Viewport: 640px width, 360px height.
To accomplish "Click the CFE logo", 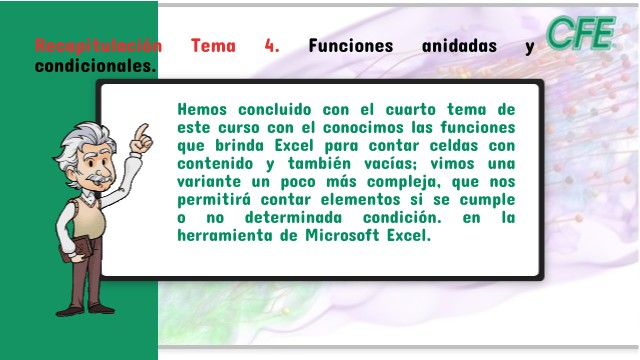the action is pyautogui.click(x=581, y=33).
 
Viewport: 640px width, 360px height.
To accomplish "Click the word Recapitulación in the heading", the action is pyautogui.click(x=98, y=45).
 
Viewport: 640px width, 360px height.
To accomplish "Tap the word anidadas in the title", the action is pyautogui.click(x=459, y=45).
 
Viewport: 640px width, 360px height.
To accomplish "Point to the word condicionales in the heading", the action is pyautogui.click(x=96, y=65).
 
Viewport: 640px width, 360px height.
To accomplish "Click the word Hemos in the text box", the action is pyautogui.click(x=202, y=109).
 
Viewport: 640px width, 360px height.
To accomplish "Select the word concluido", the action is pyautogui.click(x=275, y=109).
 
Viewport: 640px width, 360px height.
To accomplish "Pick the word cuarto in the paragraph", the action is pyautogui.click(x=411, y=109).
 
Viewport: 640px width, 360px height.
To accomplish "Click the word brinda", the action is pyautogui.click(x=240, y=145).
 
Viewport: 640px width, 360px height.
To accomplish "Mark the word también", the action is pyautogui.click(x=319, y=163).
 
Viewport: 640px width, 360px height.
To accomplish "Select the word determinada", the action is pyautogui.click(x=293, y=217).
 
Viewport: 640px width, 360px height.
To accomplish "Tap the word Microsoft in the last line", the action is pyautogui.click(x=342, y=235).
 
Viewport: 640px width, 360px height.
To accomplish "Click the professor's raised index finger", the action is pyautogui.click(x=141, y=131).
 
